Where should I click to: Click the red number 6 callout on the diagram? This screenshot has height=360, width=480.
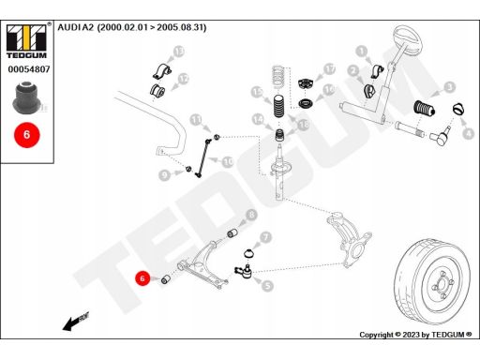142,277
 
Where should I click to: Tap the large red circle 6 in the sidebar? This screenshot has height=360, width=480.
27,135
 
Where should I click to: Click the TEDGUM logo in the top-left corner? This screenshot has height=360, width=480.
26,41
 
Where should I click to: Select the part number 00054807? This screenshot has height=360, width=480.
29,69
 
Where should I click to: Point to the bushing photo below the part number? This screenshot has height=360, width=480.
26,97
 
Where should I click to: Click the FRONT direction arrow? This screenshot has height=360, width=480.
76,321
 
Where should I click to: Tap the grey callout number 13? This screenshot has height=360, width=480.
178,52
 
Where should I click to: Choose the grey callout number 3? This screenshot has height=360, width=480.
450,87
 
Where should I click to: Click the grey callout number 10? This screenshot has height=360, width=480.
228,162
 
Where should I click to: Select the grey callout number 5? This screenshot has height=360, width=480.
267,286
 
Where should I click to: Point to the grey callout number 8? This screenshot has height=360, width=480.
251,215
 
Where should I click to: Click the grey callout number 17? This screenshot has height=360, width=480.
329,69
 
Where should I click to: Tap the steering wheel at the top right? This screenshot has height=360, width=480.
408,40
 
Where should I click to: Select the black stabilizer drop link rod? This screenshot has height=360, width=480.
202,158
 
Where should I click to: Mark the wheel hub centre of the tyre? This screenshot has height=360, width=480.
442,285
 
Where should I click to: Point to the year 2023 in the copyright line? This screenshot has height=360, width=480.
412,335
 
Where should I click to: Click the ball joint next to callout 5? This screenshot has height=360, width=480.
244,271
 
